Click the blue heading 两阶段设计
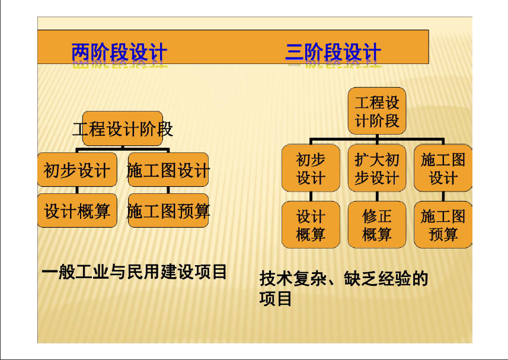pyautogui.click(x=119, y=52)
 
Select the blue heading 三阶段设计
pyautogui.click(x=333, y=52)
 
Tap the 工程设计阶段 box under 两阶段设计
pyautogui.click(x=123, y=129)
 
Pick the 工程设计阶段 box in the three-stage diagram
pyautogui.click(x=377, y=111)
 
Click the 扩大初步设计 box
pyautogui.click(x=377, y=168)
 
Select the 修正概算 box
pyautogui.click(x=377, y=225)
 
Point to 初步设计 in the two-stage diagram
pyautogui.click(x=77, y=170)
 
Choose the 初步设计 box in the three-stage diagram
pyautogui.click(x=311, y=168)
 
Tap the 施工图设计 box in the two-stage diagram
pyautogui.click(x=168, y=170)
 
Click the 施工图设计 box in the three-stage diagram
pyautogui.click(x=443, y=168)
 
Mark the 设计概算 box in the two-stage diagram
pyautogui.click(x=77, y=211)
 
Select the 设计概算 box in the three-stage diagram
pyautogui.click(x=311, y=225)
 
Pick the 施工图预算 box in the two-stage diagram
pyautogui.click(x=168, y=211)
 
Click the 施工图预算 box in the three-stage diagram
pyautogui.click(x=443, y=225)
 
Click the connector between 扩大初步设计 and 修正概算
pyautogui.click(x=377, y=196)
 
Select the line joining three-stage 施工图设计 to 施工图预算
pyautogui.click(x=443, y=196)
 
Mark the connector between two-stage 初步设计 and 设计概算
pyautogui.click(x=77, y=190)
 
